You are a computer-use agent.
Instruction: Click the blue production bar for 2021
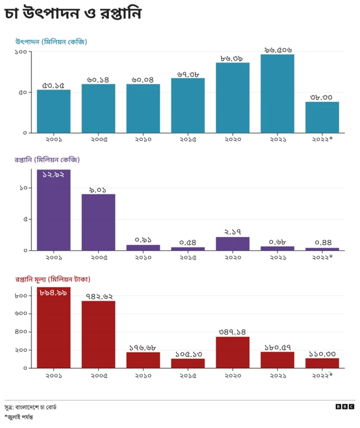click(277, 93)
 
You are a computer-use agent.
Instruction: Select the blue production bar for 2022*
click(322, 117)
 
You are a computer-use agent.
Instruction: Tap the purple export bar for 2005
click(98, 222)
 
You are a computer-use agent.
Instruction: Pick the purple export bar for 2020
click(233, 243)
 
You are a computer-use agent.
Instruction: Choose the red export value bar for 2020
click(233, 352)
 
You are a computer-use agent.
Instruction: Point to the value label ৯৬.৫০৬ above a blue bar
click(278, 50)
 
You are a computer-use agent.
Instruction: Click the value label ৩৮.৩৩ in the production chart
click(322, 97)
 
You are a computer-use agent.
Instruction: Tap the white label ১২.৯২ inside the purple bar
click(54, 175)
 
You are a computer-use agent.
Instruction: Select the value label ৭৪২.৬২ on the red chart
click(98, 296)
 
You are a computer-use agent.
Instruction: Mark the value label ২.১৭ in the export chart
click(233, 232)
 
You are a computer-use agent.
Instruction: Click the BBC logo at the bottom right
click(345, 407)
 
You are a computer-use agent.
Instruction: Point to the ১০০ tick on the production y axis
click(21, 52)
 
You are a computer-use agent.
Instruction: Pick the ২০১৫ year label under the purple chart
click(188, 257)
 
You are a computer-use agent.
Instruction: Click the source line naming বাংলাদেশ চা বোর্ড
click(30, 407)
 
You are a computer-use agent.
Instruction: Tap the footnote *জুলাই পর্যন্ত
click(19, 417)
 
